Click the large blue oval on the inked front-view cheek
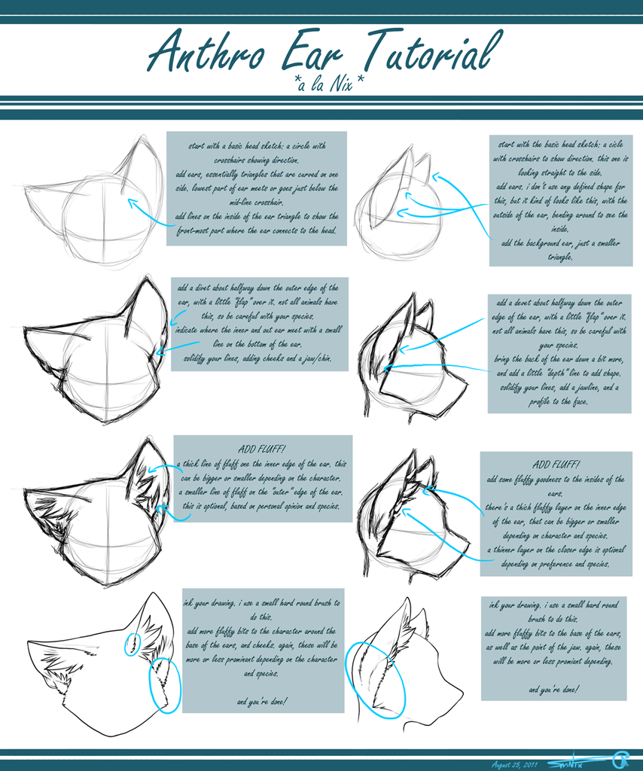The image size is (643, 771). [165, 684]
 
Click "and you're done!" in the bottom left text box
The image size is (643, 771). [261, 702]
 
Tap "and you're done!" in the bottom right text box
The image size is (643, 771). [554, 689]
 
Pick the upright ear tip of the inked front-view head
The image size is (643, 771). [154, 594]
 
